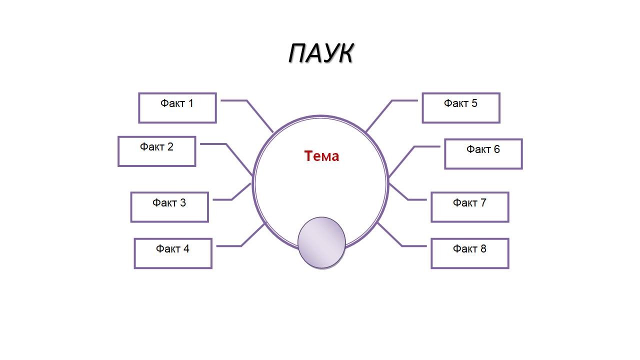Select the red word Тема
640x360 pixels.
(321, 156)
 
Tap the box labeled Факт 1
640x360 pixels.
(177, 108)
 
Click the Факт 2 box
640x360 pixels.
(156, 151)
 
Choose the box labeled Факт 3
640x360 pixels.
(169, 207)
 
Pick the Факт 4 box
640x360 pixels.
(172, 253)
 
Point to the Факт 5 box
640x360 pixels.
(460, 108)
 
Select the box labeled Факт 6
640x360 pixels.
(483, 154)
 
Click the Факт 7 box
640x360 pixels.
(469, 207)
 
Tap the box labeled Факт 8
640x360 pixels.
(469, 253)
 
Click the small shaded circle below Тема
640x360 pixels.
(321, 242)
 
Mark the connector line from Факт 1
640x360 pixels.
(259, 116)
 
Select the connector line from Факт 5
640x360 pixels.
(379, 116)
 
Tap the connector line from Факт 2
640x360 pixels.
(239, 159)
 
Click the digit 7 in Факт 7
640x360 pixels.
(483, 202)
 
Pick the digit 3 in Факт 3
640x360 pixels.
(182, 202)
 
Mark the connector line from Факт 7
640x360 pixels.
(398, 192)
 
